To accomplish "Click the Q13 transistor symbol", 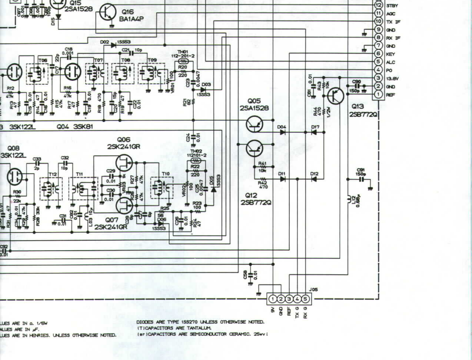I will (x=336, y=96).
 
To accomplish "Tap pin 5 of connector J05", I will (x=306, y=299).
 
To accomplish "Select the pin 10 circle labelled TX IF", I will (x=378, y=21).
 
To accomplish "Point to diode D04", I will (x=283, y=132).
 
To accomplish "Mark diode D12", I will (x=314, y=179).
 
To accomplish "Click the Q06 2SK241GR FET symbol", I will (x=124, y=162).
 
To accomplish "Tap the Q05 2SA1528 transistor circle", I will (x=254, y=124).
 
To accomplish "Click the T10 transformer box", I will (x=162, y=187).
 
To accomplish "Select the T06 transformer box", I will (x=37, y=74).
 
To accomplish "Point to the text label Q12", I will (x=251, y=196).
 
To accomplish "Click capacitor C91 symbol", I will (x=361, y=179).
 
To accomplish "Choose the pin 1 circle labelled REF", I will (x=378, y=94).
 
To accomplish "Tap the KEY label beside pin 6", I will (x=391, y=54).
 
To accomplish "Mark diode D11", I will (x=283, y=179).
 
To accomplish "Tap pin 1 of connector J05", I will (x=273, y=299).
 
